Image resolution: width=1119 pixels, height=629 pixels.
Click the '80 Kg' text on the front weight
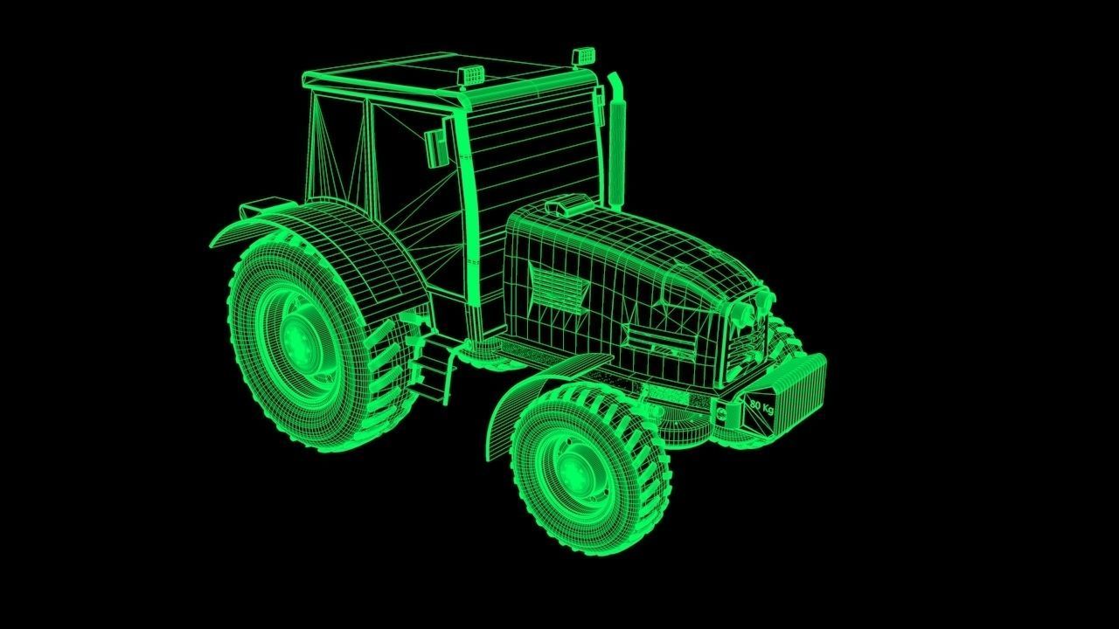pos(761,407)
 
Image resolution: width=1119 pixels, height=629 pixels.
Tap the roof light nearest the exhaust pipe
pos(580,57)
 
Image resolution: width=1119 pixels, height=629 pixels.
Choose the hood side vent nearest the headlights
pos(661,339)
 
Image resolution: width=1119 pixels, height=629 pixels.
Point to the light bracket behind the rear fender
pos(256,207)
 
